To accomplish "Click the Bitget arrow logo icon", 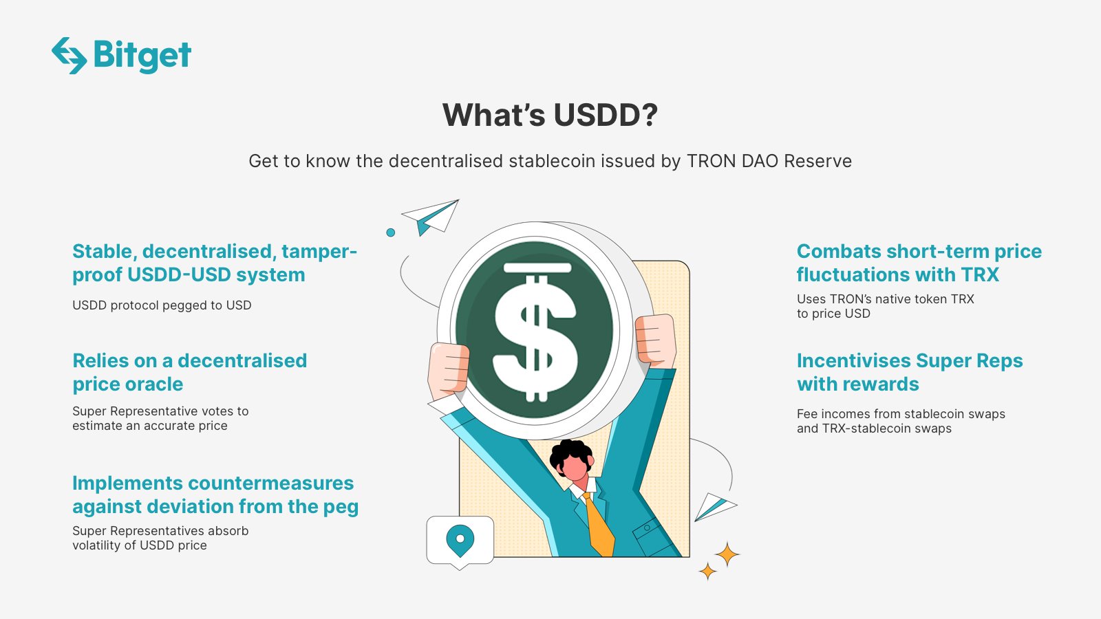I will [x=69, y=55].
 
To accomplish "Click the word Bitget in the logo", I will [x=142, y=55].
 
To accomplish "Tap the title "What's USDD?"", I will [x=550, y=115].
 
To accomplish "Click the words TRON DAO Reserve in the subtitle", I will [x=769, y=161].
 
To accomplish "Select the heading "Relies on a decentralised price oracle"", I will [x=189, y=372].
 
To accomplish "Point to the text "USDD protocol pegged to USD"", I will [x=162, y=305].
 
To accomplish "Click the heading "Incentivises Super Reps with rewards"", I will [x=909, y=372].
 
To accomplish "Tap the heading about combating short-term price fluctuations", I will [x=919, y=263].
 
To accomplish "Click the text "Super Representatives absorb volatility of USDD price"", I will [x=160, y=538].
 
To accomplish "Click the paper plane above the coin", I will [x=433, y=216].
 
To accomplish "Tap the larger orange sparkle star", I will [x=727, y=554].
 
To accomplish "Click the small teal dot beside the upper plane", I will [x=391, y=232].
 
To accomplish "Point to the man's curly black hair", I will [x=570, y=450].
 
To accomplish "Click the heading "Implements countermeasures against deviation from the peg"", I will [x=215, y=495].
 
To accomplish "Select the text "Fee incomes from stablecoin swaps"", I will [x=901, y=414].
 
